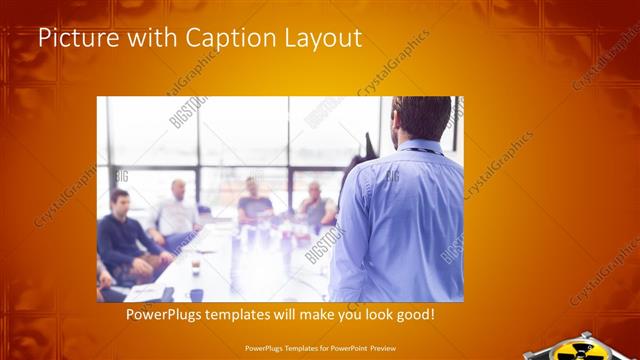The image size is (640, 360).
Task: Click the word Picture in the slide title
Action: [72, 39]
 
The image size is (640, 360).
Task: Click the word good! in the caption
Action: [414, 314]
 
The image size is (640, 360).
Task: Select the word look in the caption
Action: [374, 314]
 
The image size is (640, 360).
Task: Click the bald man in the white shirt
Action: [177, 212]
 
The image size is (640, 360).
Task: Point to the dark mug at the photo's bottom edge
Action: [196, 294]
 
